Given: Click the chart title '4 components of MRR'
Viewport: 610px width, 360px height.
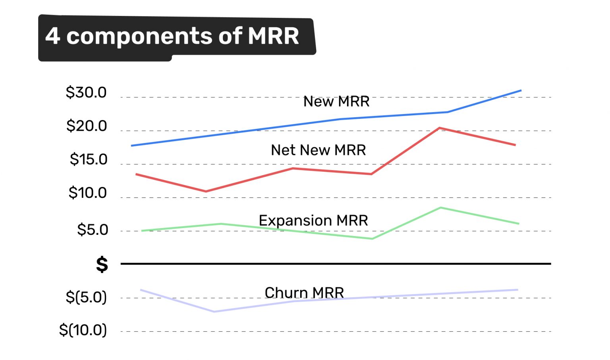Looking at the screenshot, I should pyautogui.click(x=172, y=36).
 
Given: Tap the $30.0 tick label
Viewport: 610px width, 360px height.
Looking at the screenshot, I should pyautogui.click(x=86, y=93).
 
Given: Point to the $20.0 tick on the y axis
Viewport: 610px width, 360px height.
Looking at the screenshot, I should pyautogui.click(x=87, y=126).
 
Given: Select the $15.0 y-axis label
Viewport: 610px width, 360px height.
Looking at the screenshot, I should pyautogui.click(x=89, y=159).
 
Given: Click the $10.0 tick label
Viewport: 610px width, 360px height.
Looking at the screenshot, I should pyautogui.click(x=88, y=193).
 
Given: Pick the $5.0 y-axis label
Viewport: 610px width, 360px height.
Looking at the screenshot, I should pyautogui.click(x=93, y=230).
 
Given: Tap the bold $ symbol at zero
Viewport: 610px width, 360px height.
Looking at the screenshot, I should pyautogui.click(x=102, y=264).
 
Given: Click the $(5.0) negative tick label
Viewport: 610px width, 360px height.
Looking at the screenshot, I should pyautogui.click(x=86, y=297).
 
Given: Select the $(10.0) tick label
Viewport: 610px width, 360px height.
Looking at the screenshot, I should pyautogui.click(x=83, y=330).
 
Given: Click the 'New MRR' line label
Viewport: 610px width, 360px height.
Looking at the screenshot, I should pyautogui.click(x=336, y=102).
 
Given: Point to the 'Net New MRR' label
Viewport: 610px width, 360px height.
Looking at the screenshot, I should pyautogui.click(x=318, y=150).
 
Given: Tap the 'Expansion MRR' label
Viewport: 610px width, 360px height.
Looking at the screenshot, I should pyautogui.click(x=313, y=221).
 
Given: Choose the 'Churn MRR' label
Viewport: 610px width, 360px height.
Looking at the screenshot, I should pyautogui.click(x=304, y=293).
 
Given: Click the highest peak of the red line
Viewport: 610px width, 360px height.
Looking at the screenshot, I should pyautogui.click(x=439, y=128).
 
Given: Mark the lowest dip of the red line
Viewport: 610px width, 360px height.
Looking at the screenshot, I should pyautogui.click(x=206, y=192).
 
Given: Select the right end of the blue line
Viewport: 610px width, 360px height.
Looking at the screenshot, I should pyautogui.click(x=521, y=91).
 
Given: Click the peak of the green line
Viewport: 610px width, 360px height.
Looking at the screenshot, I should pyautogui.click(x=440, y=207).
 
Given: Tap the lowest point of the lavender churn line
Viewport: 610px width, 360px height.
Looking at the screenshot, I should pyautogui.click(x=214, y=312).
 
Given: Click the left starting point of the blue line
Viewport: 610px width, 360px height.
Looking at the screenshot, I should pyautogui.click(x=132, y=146).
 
